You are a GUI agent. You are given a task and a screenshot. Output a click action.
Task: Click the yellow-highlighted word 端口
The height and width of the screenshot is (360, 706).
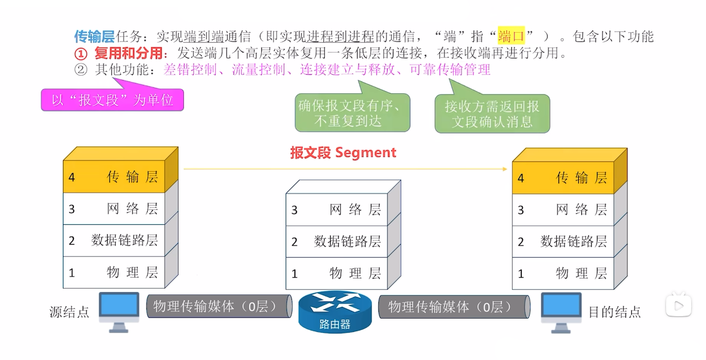(x=511, y=36)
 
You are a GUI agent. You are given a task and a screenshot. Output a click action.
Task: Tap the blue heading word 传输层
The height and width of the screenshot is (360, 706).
(x=94, y=36)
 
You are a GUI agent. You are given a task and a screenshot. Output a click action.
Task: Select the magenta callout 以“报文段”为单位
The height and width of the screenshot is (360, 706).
(x=112, y=100)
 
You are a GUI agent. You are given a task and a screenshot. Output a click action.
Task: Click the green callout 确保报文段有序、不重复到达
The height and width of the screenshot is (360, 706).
(x=352, y=113)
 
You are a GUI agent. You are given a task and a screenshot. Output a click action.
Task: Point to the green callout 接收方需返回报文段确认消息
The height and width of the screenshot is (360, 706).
(x=492, y=114)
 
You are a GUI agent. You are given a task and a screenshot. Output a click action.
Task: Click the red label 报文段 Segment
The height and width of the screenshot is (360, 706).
(x=343, y=152)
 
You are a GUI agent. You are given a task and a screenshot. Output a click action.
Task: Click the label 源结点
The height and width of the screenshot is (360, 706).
(x=70, y=312)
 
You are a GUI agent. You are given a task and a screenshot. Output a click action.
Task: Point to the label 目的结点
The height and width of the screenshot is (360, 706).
(x=615, y=312)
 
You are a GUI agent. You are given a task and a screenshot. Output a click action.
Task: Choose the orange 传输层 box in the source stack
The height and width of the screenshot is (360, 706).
(x=114, y=177)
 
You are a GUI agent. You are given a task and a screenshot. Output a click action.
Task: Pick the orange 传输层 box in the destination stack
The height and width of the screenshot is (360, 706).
(x=563, y=178)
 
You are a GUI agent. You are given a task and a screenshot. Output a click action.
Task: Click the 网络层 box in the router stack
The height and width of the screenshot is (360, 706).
(x=336, y=210)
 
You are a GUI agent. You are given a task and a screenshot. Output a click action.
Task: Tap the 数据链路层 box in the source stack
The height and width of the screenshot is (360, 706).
(x=114, y=240)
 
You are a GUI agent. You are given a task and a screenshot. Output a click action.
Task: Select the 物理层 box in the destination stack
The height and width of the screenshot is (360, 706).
(x=563, y=273)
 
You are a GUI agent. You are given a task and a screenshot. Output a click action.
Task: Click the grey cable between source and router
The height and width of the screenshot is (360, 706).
(x=219, y=306)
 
